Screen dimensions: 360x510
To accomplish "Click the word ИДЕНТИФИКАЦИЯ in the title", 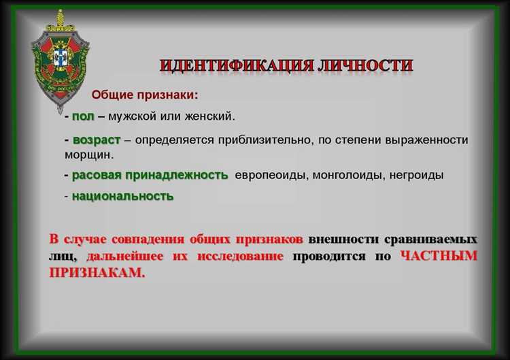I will [235, 66].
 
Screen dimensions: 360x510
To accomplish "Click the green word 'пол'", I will [83, 116].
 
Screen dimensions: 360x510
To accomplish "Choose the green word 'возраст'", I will [96, 140].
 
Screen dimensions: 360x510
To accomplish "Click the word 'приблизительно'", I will [259, 140].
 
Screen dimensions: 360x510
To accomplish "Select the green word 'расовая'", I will [97, 175].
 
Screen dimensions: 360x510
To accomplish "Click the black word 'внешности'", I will [342, 240].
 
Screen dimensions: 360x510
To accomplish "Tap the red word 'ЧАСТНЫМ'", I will [439, 257].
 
